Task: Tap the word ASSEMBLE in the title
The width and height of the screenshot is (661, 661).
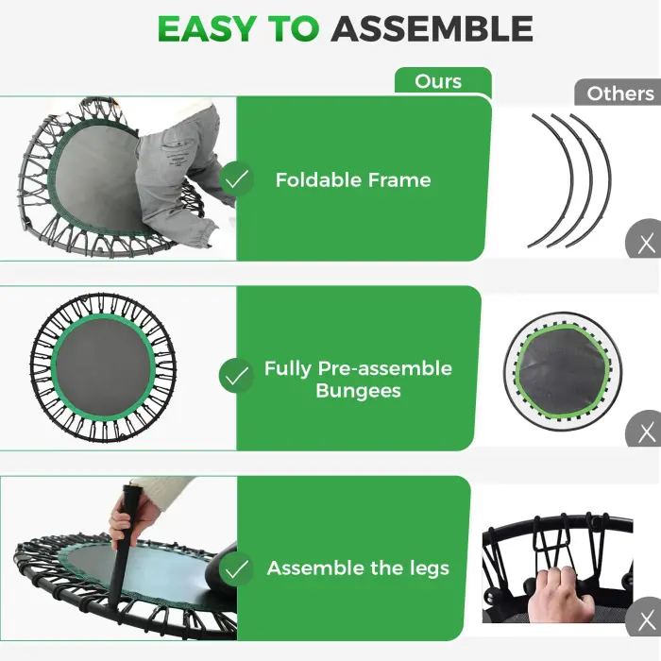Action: tap(432, 29)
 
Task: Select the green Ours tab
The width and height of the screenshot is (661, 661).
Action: tap(438, 81)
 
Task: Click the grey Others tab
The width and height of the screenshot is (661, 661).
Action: tap(619, 93)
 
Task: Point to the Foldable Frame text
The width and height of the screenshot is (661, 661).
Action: tap(352, 179)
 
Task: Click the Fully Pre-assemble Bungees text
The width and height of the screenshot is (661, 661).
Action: tap(358, 379)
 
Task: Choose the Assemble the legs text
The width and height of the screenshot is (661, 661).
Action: tap(358, 568)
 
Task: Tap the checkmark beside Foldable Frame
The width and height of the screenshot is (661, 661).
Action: tap(236, 178)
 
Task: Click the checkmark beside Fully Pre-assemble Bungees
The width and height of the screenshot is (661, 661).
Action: tap(236, 376)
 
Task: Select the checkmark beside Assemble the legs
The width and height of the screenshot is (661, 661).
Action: tap(236, 568)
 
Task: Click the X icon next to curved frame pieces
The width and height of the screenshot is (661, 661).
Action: tap(646, 244)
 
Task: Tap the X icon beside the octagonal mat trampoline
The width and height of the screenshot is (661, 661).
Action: tap(646, 432)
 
